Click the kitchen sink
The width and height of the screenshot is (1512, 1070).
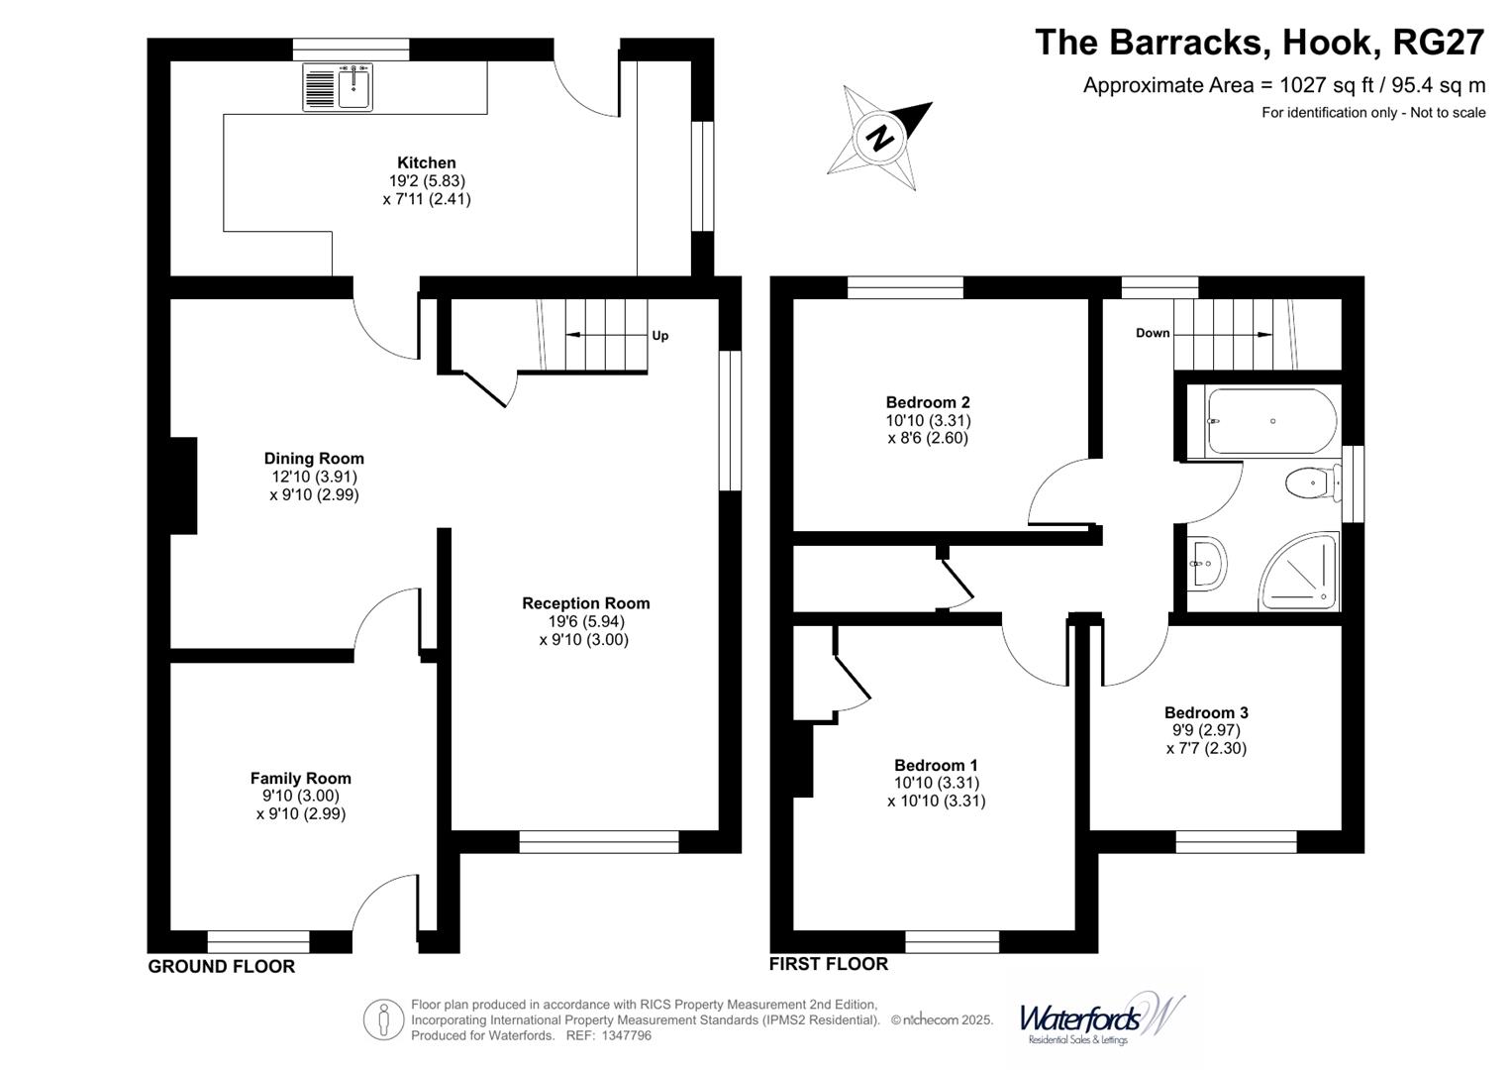tap(338, 87)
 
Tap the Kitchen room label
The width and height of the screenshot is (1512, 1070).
tap(426, 162)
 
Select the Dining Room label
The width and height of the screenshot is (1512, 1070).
tap(314, 459)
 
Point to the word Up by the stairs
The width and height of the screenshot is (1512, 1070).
tap(660, 336)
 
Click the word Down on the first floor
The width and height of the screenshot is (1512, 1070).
tap(1153, 333)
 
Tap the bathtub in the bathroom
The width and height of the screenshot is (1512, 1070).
tap(1271, 421)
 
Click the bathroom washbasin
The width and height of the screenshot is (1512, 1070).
tap(1206, 564)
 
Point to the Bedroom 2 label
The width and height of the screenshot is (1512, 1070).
tap(928, 402)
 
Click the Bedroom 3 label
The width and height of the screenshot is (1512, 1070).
tap(1206, 712)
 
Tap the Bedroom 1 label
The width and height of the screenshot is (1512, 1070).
tap(936, 765)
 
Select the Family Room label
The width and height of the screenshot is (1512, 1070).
tap(300, 778)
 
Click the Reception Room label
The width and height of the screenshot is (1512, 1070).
tap(586, 603)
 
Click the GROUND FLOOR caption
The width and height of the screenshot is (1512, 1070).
tap(222, 967)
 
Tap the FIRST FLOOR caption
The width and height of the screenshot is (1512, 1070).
tap(829, 964)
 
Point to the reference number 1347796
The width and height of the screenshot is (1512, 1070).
tap(626, 1035)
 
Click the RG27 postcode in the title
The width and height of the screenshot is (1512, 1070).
tap(1439, 42)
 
